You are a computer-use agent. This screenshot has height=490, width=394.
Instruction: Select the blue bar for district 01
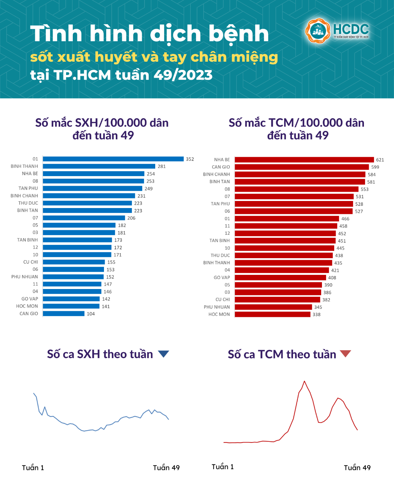(113, 159)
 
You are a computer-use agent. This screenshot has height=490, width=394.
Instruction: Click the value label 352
(190, 159)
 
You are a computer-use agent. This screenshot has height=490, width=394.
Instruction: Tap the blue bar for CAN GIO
(64, 314)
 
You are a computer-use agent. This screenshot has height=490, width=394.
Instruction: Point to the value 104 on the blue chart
(91, 314)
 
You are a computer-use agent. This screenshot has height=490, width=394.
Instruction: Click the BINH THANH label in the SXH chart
(24, 166)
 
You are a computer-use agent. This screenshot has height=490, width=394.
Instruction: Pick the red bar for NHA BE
(304, 160)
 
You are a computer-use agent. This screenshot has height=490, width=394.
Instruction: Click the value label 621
(380, 160)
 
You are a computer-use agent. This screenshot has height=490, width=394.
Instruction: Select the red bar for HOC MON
(272, 314)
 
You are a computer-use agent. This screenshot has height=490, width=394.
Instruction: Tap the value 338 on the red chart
(316, 315)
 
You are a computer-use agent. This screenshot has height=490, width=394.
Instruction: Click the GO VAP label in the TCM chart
(222, 278)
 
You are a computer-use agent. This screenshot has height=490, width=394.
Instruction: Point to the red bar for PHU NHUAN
(273, 307)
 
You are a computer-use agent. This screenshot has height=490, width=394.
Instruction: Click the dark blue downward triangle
(163, 354)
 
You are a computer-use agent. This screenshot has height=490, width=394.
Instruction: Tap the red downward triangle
(345, 353)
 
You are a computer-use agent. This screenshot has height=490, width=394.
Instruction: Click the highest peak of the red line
(305, 381)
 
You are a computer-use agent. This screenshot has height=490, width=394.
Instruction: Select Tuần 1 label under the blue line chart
(33, 468)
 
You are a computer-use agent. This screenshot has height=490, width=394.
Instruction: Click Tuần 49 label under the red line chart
(357, 468)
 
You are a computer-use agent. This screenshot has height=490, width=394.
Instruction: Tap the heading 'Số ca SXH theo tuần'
(100, 354)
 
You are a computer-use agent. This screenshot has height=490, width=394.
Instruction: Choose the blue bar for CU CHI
(74, 262)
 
